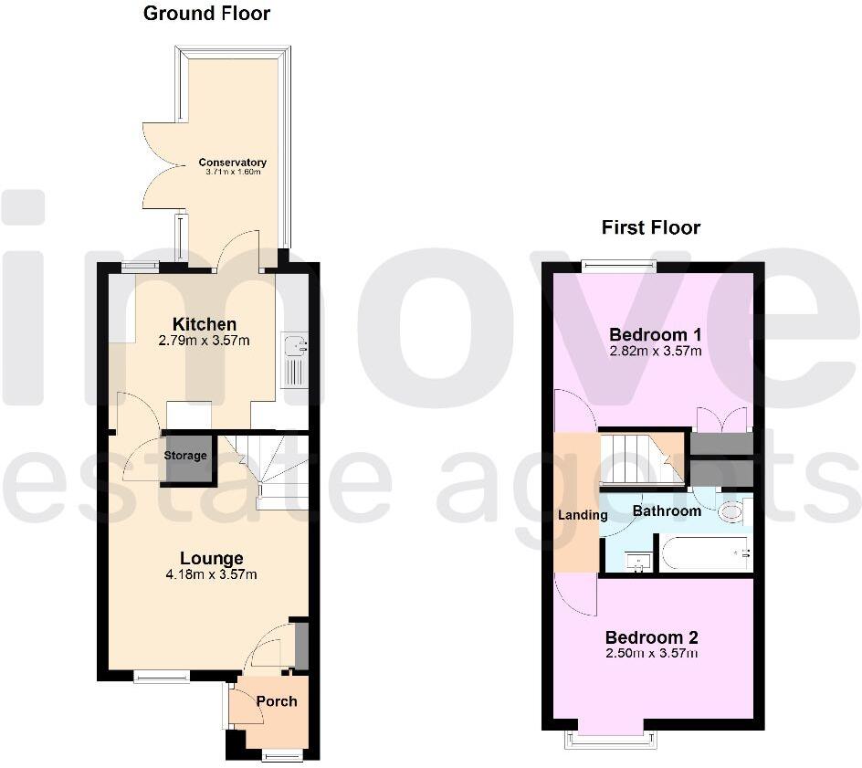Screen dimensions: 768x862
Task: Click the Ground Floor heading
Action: (x=206, y=14)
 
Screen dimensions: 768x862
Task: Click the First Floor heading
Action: (x=650, y=227)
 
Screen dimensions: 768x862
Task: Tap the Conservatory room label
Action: (x=232, y=163)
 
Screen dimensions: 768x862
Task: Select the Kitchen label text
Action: (x=205, y=324)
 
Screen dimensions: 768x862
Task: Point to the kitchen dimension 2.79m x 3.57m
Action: (x=205, y=342)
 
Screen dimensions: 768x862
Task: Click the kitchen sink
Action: (x=294, y=346)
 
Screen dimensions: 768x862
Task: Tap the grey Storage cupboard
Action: (x=186, y=456)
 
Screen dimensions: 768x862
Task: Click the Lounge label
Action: (x=211, y=558)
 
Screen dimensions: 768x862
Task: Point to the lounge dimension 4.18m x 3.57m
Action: (x=211, y=575)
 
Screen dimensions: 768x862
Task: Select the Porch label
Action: (x=277, y=701)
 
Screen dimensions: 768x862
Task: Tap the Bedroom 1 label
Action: (x=654, y=332)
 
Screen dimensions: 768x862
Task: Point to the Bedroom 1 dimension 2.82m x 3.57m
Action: (x=655, y=351)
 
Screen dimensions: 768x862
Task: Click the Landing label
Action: (x=583, y=515)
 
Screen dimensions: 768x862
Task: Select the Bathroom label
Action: (x=667, y=510)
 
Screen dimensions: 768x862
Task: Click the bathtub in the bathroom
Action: (x=704, y=553)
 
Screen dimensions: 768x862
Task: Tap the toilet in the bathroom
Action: (x=731, y=512)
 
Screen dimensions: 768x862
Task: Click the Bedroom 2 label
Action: (x=652, y=636)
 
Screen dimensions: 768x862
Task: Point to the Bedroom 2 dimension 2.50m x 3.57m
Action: (x=652, y=654)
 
